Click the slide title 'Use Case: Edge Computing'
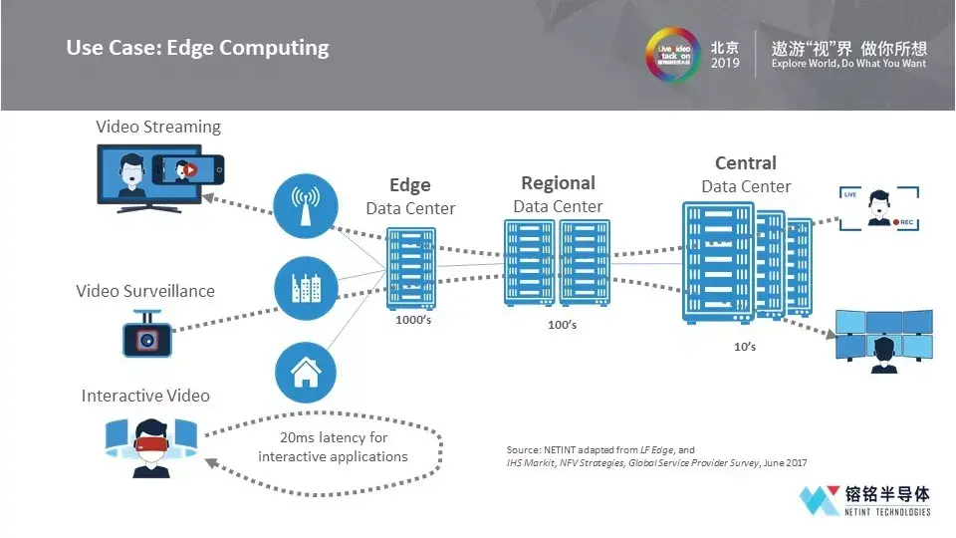(197, 48)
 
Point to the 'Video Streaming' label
(158, 127)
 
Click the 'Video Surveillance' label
(145, 291)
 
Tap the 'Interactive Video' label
(145, 396)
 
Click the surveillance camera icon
(148, 335)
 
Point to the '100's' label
(562, 325)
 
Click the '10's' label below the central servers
(744, 346)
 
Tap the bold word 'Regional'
(559, 183)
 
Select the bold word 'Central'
(746, 163)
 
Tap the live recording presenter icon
(877, 207)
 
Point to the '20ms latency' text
(334, 447)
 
